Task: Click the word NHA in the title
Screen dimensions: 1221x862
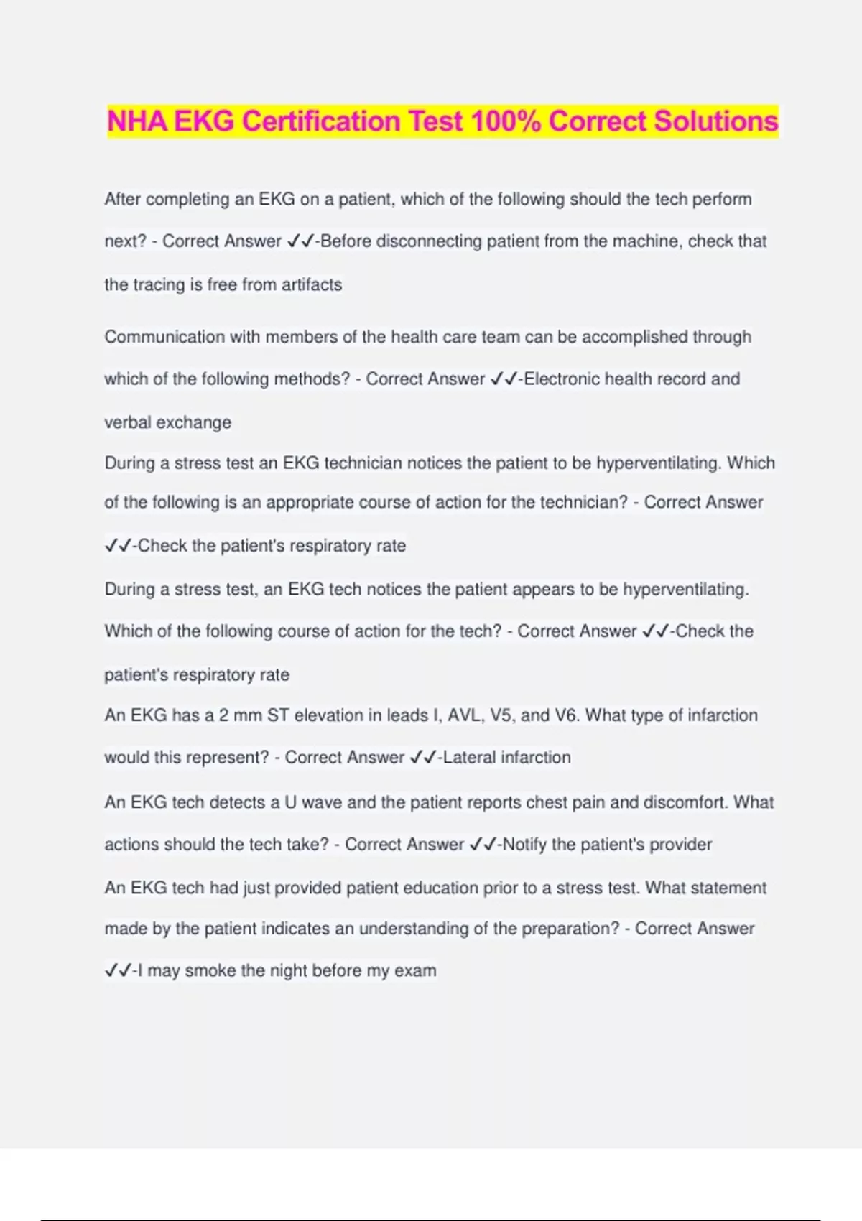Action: point(137,121)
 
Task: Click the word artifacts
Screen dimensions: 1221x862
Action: point(312,284)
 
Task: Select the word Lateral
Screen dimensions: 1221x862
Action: point(469,757)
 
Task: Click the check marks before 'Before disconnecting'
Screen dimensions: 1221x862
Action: point(300,241)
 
